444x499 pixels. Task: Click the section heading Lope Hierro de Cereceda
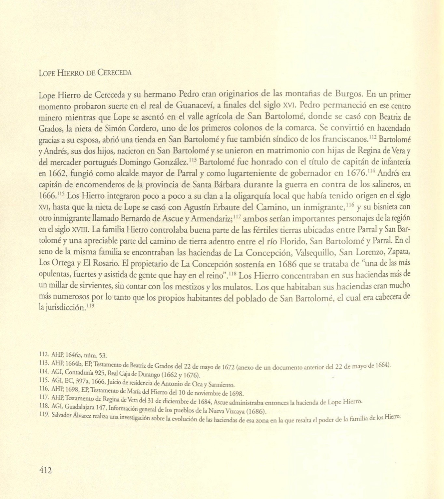[85, 73]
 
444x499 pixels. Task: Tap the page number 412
[45, 470]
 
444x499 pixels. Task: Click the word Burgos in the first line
[348, 94]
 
